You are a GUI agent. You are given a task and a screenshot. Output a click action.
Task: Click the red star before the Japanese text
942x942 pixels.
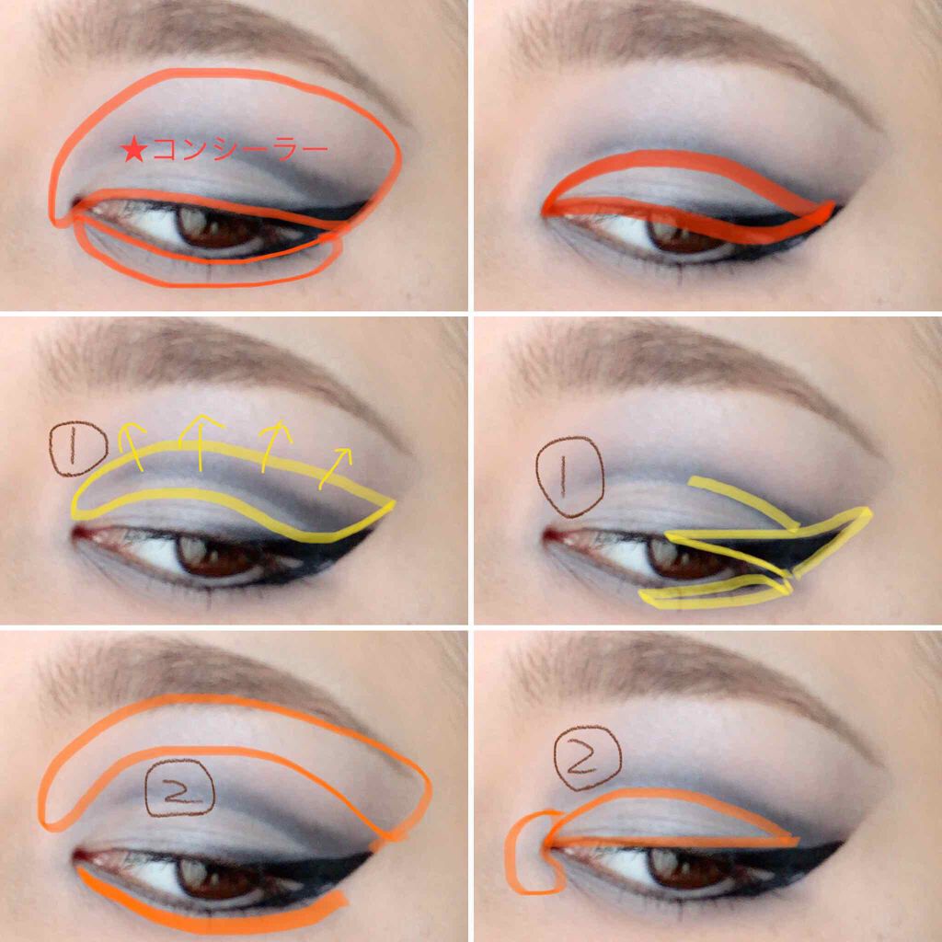[133, 150]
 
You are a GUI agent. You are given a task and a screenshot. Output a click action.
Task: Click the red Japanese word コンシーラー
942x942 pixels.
[240, 150]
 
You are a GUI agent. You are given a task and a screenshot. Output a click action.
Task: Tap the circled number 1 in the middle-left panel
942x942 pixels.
[78, 448]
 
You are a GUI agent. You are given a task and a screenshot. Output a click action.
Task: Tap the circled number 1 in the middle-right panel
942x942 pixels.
[569, 477]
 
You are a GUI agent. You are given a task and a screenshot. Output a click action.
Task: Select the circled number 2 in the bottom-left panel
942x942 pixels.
[179, 787]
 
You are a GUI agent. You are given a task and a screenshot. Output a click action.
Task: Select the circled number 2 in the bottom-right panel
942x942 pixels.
[587, 758]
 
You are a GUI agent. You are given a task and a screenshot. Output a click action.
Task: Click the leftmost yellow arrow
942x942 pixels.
[131, 444]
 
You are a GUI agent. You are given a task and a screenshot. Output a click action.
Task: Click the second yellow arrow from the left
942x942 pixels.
[200, 442]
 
